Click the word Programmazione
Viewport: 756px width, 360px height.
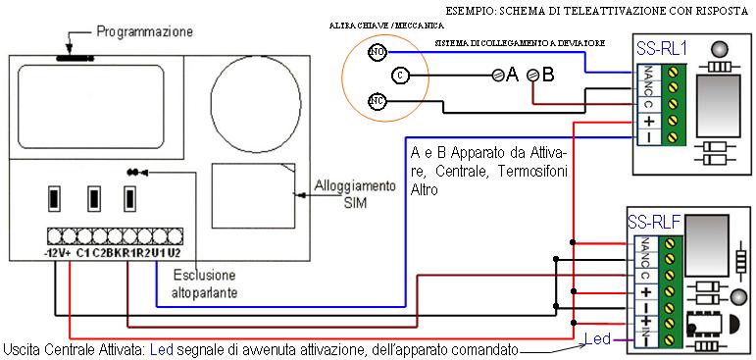coord(145,32)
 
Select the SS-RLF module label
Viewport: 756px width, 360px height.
coord(651,222)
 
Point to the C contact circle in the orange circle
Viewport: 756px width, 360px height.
coord(399,75)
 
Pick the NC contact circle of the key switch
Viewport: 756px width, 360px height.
coord(375,99)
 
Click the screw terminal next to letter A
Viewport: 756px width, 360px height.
coord(498,75)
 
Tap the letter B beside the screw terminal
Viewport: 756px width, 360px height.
coord(547,74)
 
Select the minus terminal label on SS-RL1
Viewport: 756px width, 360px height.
coord(648,137)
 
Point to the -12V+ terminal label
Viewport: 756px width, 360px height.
coord(56,253)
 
